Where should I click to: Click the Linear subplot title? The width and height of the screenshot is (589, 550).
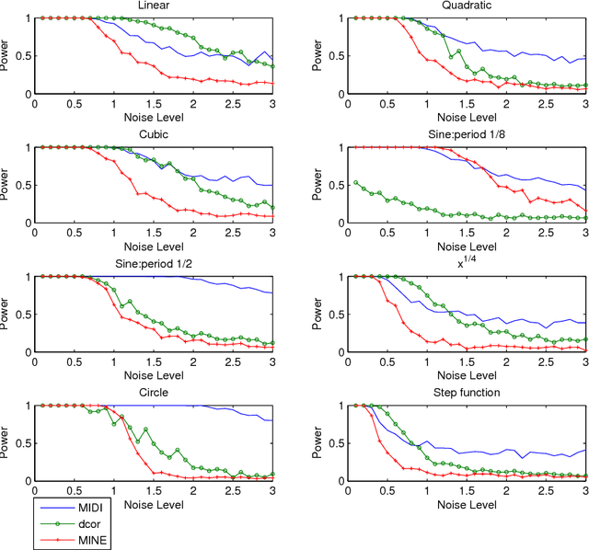pos(154,6)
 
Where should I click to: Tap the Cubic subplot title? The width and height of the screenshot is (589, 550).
pos(154,134)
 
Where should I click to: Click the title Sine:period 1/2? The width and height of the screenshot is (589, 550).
pos(154,264)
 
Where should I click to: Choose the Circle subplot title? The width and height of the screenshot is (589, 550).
pos(154,393)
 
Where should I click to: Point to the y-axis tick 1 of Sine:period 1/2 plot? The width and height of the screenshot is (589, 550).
pos(27,277)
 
